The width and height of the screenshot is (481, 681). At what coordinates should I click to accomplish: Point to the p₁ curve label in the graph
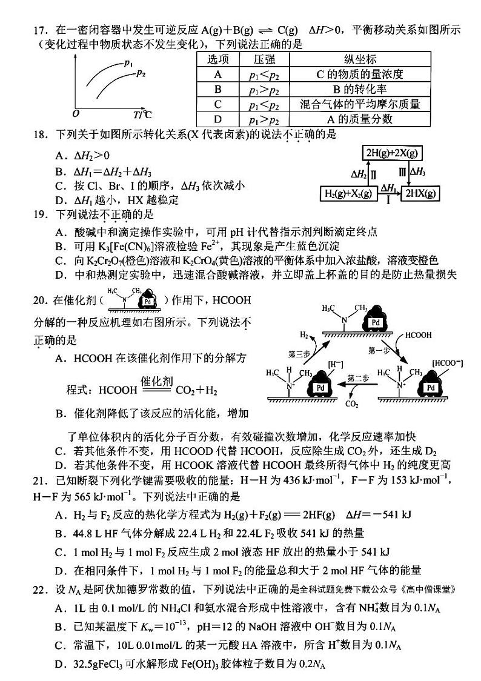[128, 62]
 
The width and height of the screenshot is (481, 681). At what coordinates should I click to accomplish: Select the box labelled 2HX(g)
[422, 194]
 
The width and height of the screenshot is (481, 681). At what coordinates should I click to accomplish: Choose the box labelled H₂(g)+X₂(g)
[347, 194]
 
